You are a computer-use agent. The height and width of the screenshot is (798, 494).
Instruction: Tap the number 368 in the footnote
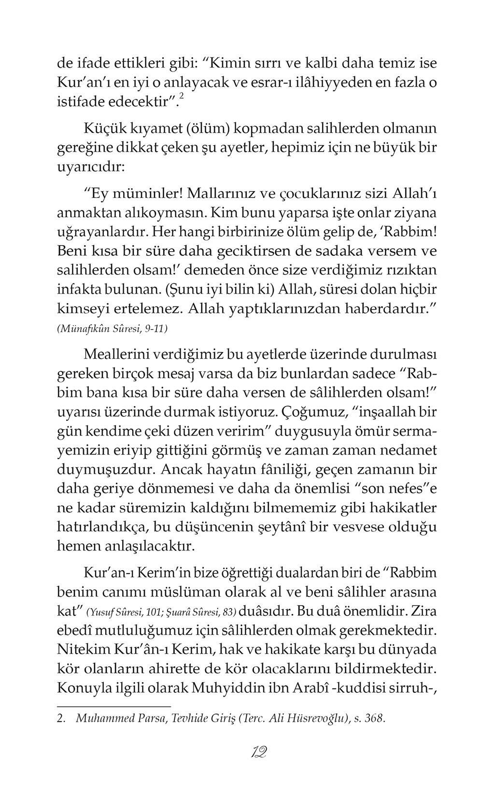coord(375,718)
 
